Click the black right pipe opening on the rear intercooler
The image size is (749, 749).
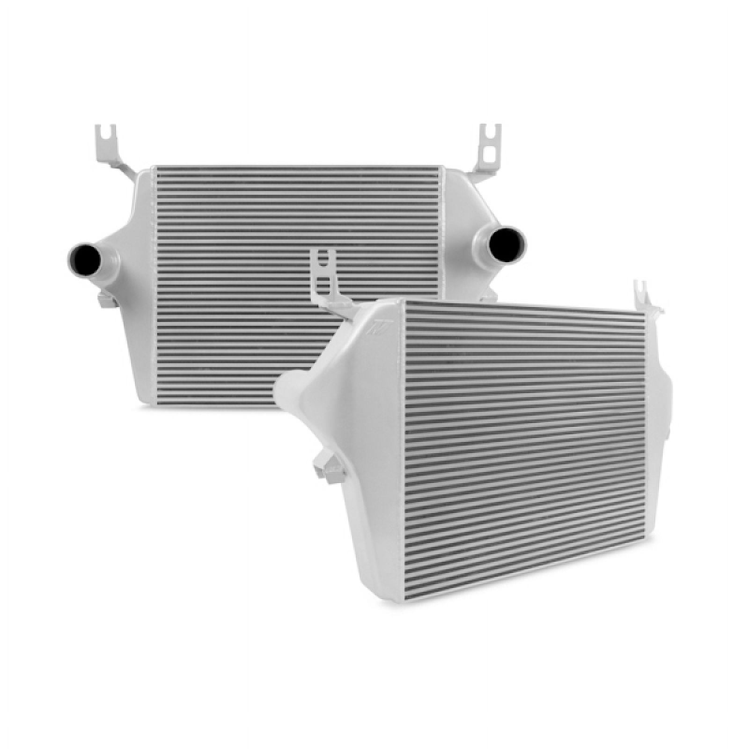click(507, 243)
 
